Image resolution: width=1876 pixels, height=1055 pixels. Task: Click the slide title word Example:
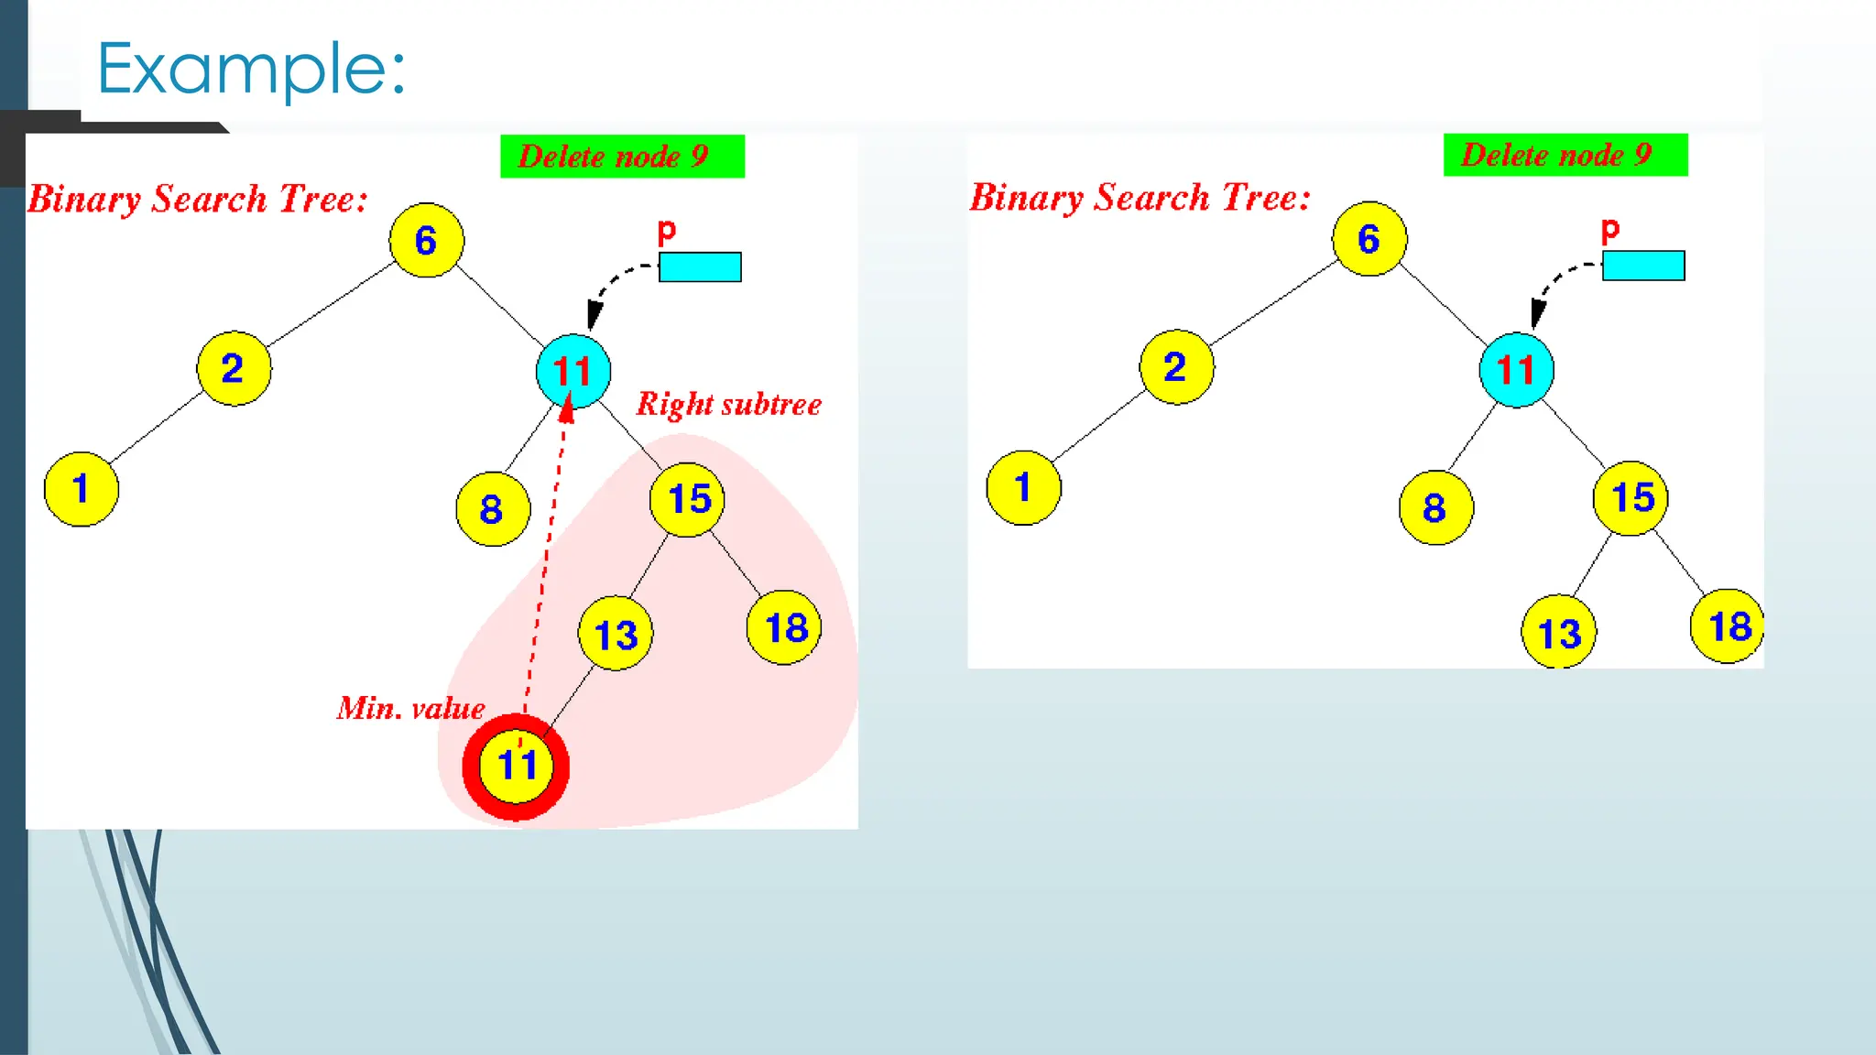[x=250, y=70]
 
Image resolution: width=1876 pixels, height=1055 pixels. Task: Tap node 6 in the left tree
[x=426, y=241]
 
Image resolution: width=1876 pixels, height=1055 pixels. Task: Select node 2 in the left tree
[x=234, y=368]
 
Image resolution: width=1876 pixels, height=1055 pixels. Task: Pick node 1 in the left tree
[x=82, y=489]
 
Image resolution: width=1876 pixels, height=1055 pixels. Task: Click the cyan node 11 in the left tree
[x=573, y=371]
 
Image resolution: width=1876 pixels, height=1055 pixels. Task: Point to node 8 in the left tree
[x=493, y=509]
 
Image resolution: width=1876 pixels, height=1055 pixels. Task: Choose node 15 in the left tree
[x=688, y=499]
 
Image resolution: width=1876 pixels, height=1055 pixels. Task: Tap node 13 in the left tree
[x=616, y=634]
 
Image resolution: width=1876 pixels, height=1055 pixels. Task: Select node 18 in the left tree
[x=785, y=628]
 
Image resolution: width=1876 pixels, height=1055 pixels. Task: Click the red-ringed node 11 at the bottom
[x=516, y=766]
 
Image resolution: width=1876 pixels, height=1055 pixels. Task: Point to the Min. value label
[x=410, y=708]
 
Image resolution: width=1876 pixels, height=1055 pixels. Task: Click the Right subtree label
[x=728, y=404]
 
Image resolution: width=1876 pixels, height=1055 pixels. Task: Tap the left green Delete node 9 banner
[x=622, y=157]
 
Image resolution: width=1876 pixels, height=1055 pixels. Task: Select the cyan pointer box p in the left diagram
[x=700, y=267]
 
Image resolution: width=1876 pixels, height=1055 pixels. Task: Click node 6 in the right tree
[x=1369, y=239]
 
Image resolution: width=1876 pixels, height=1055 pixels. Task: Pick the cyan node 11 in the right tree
[x=1516, y=370]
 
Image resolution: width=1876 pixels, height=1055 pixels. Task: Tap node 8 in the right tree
[x=1435, y=508]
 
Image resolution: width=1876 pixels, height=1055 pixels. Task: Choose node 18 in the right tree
[x=1728, y=626]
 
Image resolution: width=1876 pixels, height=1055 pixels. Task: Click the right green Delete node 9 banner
[x=1565, y=155]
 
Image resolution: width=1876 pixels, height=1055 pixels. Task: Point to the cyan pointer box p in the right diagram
[x=1643, y=266]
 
